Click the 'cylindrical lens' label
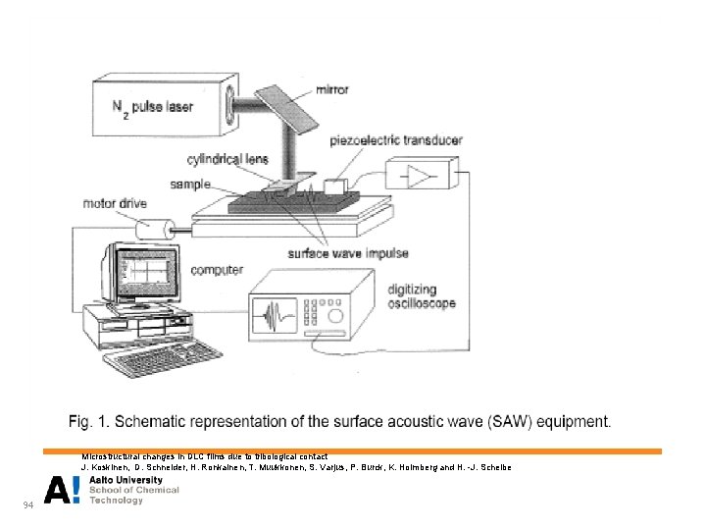click(227, 159)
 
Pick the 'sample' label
click(189, 184)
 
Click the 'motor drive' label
click(114, 204)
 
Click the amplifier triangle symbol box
click(420, 176)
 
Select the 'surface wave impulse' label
click(348, 253)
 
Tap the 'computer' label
click(217, 269)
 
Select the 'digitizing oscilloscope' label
click(422, 295)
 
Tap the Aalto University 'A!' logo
click(63, 489)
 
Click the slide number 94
click(27, 505)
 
